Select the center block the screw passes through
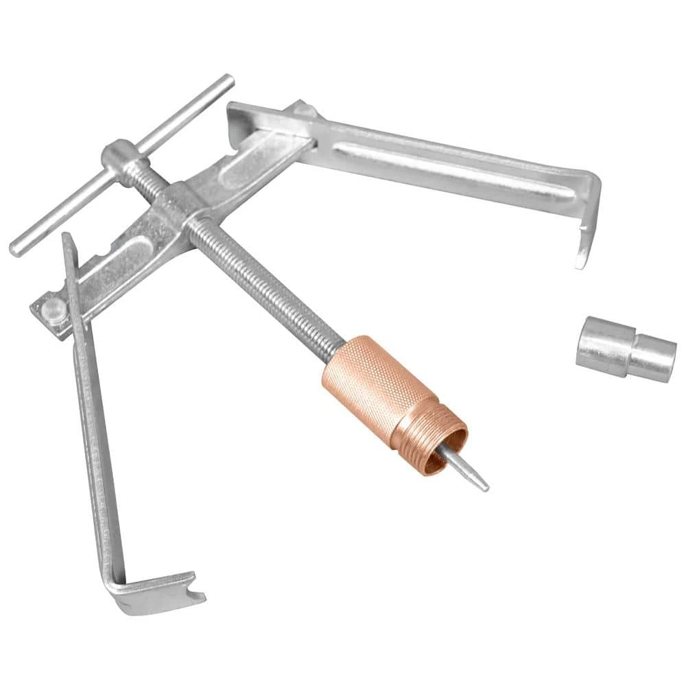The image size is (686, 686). click(x=180, y=206)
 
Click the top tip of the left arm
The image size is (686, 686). click(x=67, y=239)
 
